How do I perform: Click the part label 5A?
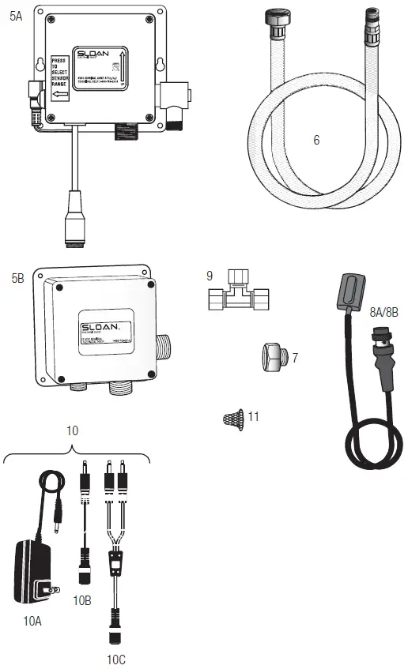click(16, 15)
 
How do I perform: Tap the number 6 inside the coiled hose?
click(316, 140)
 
